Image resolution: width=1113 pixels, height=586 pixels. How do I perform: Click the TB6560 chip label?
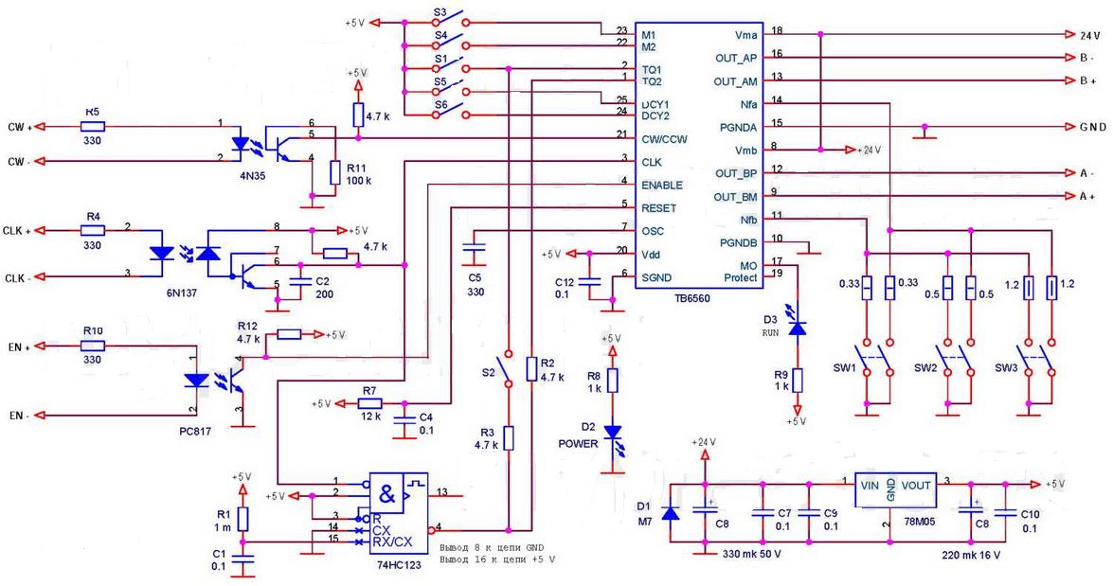691,297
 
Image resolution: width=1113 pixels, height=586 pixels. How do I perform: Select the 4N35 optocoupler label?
256,175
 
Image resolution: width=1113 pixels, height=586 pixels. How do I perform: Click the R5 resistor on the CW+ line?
92,125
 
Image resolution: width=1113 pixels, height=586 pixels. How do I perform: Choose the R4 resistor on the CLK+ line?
92,230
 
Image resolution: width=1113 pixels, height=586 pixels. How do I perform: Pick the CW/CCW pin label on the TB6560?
664,139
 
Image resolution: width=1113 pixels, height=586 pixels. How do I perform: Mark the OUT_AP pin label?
736,58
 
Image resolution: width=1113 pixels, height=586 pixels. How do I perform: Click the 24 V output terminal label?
1089,35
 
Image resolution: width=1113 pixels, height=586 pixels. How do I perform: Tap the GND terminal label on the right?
1089,126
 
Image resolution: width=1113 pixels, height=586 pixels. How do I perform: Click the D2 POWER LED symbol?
612,434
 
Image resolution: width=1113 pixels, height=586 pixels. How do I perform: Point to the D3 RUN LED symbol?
798,327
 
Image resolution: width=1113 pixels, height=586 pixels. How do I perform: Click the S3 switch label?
440,14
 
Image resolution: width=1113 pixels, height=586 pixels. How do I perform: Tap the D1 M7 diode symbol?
671,514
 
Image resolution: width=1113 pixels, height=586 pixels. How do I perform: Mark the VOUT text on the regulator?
915,485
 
